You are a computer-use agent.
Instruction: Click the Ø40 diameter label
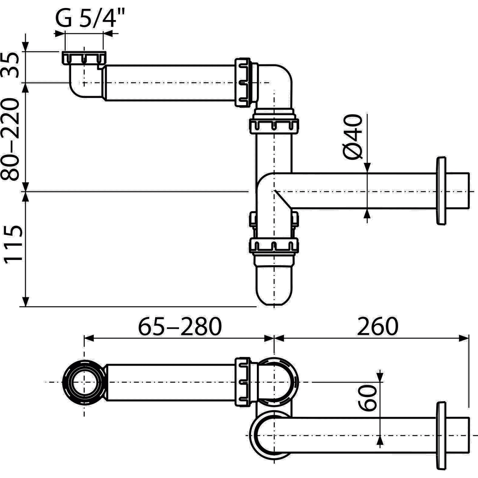pyautogui.click(x=353, y=137)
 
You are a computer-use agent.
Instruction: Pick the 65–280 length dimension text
pyautogui.click(x=179, y=326)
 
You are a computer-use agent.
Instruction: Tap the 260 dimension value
pyautogui.click(x=378, y=326)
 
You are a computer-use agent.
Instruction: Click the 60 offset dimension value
pyautogui.click(x=367, y=397)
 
